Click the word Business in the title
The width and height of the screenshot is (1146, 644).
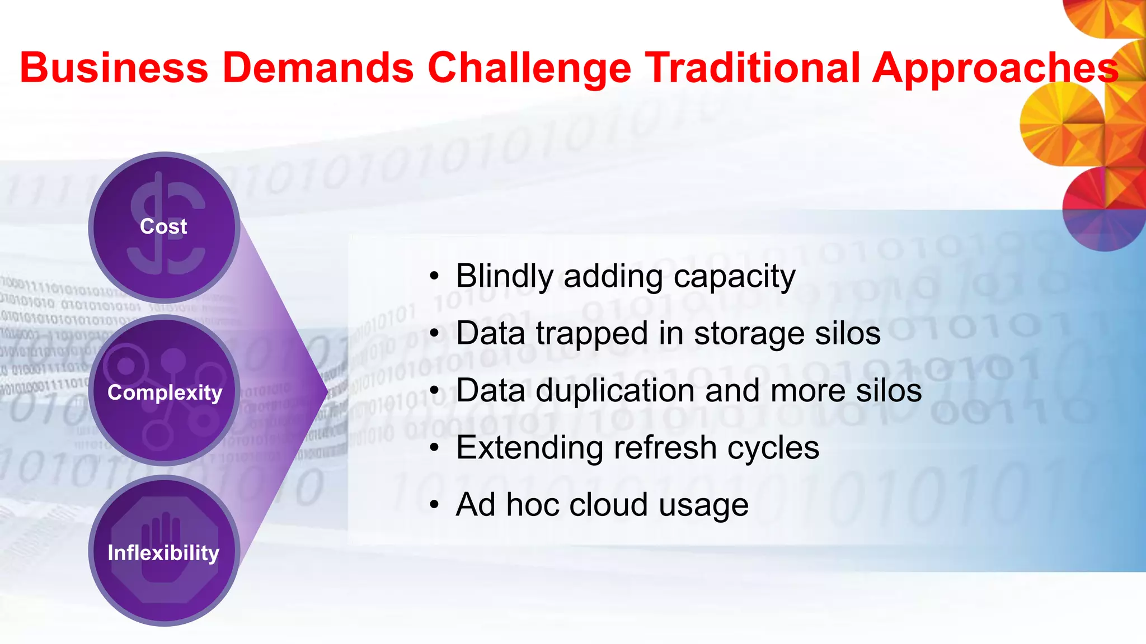click(114, 68)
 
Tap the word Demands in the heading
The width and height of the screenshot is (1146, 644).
click(318, 68)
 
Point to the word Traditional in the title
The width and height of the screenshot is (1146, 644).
click(752, 68)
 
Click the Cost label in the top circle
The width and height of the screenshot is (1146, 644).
click(163, 227)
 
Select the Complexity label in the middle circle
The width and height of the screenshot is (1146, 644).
click(165, 393)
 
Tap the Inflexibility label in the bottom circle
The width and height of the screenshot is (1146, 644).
click(163, 553)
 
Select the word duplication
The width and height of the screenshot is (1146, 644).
click(615, 390)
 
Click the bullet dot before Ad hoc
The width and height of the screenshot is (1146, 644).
click(435, 505)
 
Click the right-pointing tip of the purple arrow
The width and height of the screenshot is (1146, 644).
click(326, 392)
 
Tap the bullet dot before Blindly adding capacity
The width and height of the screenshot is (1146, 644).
click(435, 277)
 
